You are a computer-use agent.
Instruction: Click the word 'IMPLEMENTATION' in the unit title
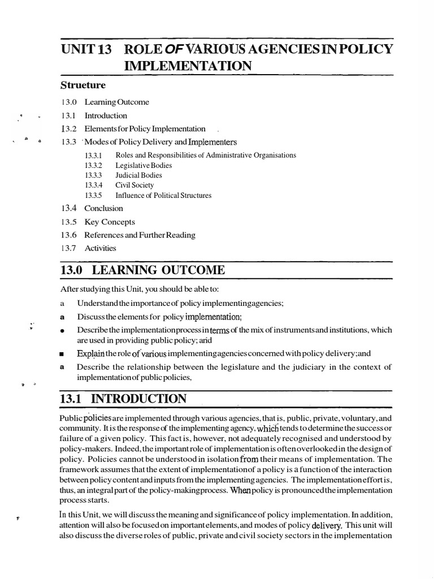(188, 66)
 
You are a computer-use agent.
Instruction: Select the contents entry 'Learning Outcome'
(117, 102)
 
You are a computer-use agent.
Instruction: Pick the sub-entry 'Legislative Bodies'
(144, 166)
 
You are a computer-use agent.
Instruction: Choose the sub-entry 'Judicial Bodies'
(138, 175)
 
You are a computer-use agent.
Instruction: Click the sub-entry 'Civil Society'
(134, 185)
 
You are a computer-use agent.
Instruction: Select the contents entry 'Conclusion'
(103, 208)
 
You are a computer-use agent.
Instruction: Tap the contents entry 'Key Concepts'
(110, 222)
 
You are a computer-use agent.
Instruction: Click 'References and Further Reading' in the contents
(140, 235)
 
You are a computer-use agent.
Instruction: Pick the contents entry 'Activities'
(100, 248)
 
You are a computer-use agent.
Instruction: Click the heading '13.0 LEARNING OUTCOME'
(142, 271)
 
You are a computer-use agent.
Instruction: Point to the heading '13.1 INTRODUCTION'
(123, 399)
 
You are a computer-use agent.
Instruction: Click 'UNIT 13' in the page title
(85, 49)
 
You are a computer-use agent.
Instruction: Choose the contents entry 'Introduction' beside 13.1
(106, 115)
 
